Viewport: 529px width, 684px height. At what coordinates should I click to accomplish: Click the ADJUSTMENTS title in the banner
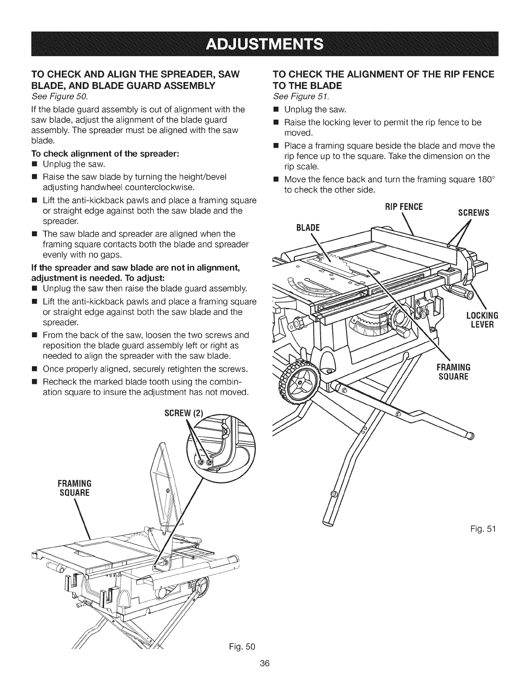264,44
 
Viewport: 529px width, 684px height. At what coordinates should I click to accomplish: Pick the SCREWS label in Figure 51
473,212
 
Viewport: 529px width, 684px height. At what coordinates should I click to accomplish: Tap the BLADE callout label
307,228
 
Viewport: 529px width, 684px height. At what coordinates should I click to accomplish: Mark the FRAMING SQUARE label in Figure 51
454,372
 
